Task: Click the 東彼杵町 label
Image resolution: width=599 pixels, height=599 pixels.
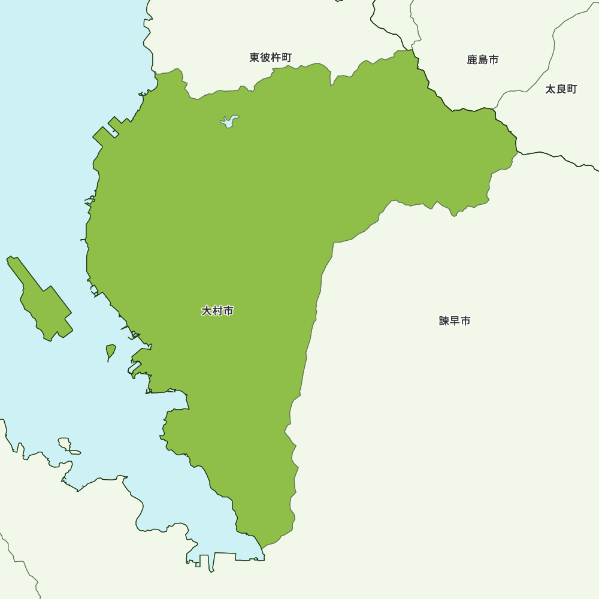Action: tap(270, 58)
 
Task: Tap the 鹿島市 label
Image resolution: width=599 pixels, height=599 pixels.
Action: tap(482, 60)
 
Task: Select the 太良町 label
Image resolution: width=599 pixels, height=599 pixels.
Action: tap(561, 89)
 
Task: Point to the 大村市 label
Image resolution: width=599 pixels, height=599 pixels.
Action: tap(217, 311)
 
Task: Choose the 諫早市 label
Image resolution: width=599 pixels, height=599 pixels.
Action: tap(455, 321)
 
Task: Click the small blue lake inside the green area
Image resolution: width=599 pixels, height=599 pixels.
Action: tap(229, 122)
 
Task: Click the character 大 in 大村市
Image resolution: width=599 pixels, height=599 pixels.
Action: tap(207, 311)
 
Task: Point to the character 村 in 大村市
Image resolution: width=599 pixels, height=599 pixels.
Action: tap(217, 311)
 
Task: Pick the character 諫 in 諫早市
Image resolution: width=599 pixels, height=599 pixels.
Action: tap(444, 321)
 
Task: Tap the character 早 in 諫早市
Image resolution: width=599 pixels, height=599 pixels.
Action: tap(455, 321)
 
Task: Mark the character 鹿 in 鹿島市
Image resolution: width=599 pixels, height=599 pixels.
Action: tap(472, 60)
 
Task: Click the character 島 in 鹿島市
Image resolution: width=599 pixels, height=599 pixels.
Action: tap(482, 60)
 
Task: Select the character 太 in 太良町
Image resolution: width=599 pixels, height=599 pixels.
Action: tap(550, 89)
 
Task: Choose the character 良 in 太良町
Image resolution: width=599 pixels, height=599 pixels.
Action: tap(561, 89)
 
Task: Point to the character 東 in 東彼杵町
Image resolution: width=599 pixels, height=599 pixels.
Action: tap(255, 58)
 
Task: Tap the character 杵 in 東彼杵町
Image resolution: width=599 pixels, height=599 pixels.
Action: tap(276, 58)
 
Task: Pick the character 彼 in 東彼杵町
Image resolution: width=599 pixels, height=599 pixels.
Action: tap(265, 58)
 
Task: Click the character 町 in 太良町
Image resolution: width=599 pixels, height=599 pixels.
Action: tap(571, 89)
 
